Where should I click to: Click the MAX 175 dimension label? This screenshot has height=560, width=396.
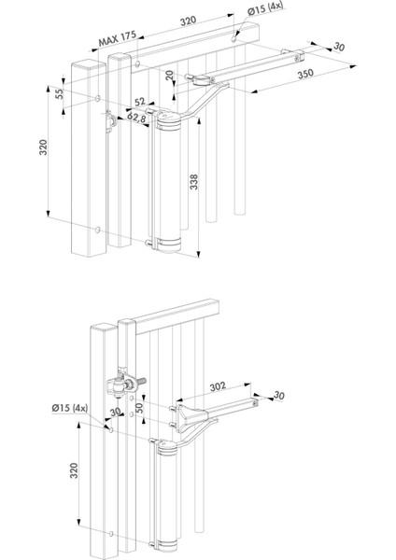click(x=118, y=38)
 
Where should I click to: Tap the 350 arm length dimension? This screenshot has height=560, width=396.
click(x=305, y=74)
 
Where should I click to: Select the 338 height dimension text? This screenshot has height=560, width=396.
click(x=193, y=182)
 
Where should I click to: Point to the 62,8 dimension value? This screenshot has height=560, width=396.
click(x=136, y=118)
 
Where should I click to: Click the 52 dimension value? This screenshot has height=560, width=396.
click(x=140, y=102)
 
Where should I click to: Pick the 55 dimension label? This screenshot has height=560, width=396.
click(x=60, y=93)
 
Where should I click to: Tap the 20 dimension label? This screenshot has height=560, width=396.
click(x=169, y=75)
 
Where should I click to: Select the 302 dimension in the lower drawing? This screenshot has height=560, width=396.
click(x=218, y=386)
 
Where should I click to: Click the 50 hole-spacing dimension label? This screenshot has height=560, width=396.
click(x=139, y=408)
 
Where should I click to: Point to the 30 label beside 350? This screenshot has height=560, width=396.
click(x=339, y=47)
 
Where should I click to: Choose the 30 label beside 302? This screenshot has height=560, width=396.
click(x=278, y=396)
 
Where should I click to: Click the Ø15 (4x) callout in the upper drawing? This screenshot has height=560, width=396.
click(x=265, y=9)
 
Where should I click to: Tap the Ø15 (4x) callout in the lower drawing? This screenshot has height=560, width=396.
click(x=70, y=408)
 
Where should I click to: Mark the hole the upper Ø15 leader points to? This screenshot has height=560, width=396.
click(x=233, y=39)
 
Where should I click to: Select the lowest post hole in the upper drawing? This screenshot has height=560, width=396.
click(x=97, y=231)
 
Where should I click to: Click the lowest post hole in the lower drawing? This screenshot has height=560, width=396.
click(x=111, y=534)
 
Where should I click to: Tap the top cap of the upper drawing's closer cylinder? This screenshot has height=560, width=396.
click(x=169, y=120)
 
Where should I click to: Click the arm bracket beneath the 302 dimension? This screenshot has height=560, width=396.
click(x=191, y=418)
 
